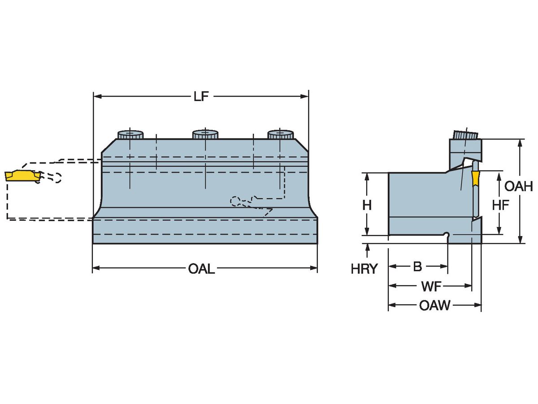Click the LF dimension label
coord(201,97)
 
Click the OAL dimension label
coord(201,269)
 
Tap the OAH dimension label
coord(519,186)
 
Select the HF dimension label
coord(500,205)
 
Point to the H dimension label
coord(367,205)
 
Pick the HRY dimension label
coord(364,269)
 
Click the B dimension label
coord(417,267)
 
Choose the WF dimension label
coord(430,286)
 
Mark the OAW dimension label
coord(434,306)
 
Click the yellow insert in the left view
coord(21,175)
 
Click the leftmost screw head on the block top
coord(130,134)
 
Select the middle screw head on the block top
coord(205,134)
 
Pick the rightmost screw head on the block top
coord(280,134)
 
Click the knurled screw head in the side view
coord(465,135)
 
